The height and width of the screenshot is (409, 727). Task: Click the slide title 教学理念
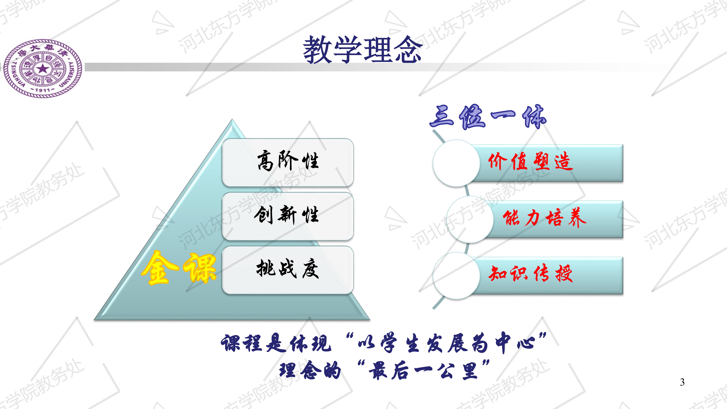tap(362, 50)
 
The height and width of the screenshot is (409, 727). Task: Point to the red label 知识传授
tap(531, 273)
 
